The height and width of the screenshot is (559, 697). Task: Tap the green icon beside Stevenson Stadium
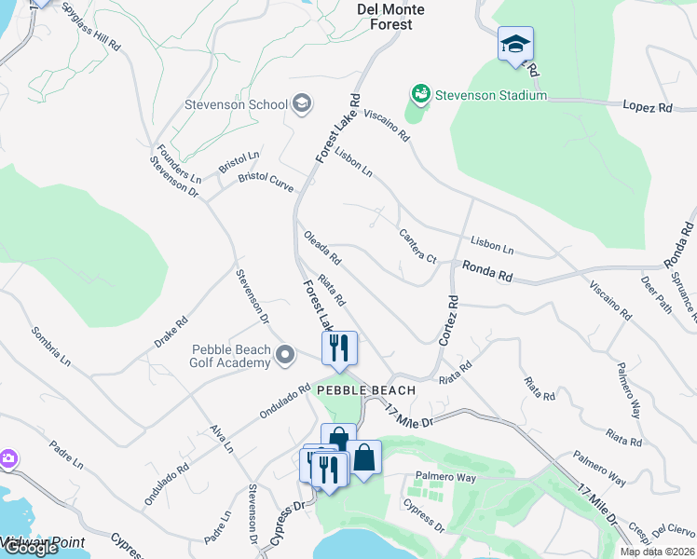coord(421,94)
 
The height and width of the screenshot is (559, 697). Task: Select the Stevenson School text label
coord(236,104)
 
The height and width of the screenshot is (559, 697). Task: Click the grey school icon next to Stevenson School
coord(301,103)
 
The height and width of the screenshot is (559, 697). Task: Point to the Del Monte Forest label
coord(391,17)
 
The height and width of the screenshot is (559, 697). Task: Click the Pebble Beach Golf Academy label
coord(231,356)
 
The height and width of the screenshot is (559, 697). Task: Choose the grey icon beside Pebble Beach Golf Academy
coord(288,355)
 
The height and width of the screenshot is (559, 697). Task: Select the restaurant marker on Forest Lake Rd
coord(339,348)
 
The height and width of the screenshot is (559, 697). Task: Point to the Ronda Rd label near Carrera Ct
coord(487,272)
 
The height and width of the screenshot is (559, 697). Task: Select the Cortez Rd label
coord(447,321)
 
